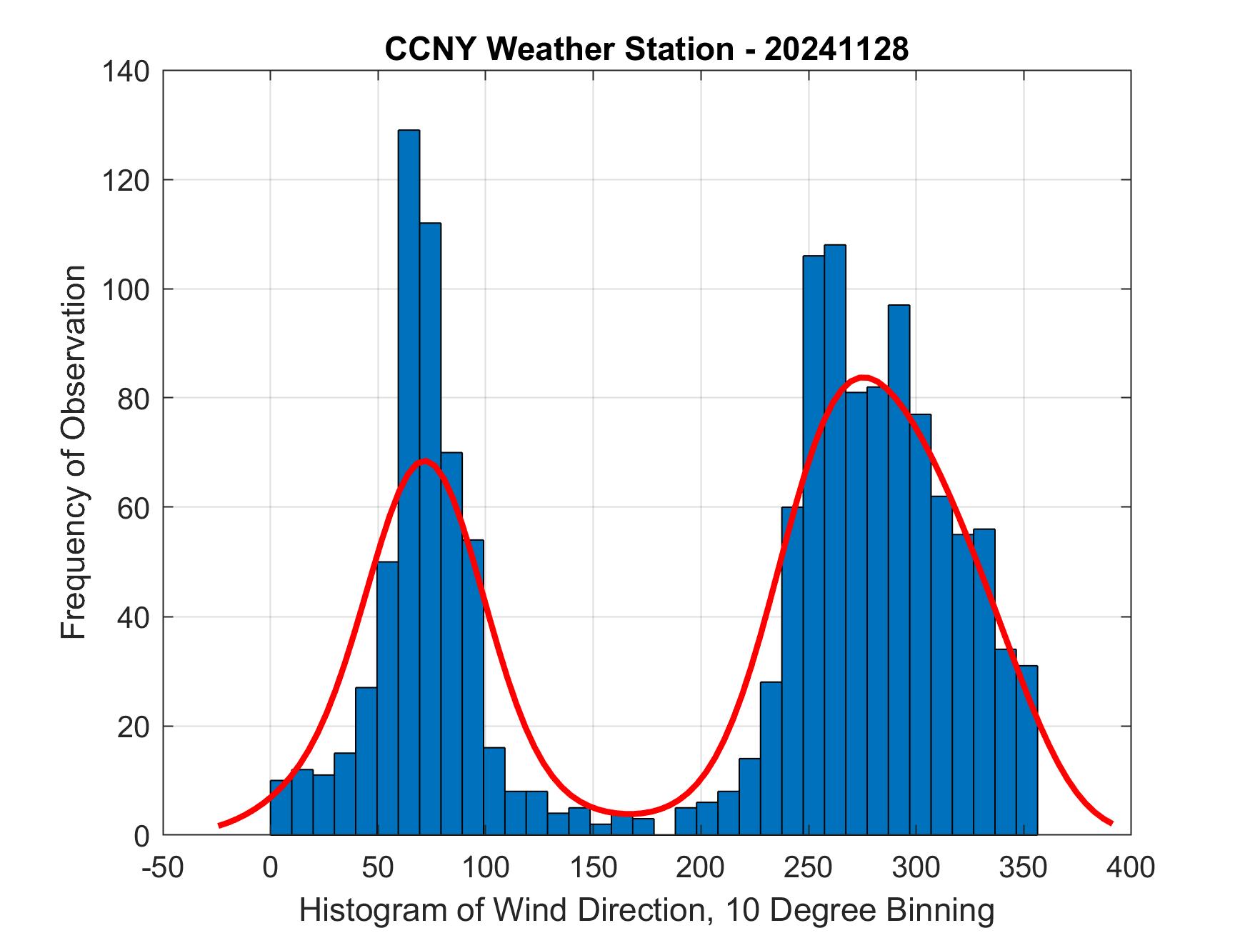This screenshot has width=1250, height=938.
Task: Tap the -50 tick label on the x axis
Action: (164, 867)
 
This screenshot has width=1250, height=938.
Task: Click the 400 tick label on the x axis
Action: (1131, 867)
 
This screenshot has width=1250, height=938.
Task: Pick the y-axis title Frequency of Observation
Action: (74, 453)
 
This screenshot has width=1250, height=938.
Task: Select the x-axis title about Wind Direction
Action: (646, 911)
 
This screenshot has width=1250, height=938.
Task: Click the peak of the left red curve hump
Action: (424, 461)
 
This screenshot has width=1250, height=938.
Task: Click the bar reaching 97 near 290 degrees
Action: (899, 572)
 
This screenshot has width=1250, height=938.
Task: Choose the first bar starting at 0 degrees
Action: (281, 807)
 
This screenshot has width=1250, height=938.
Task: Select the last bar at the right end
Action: (1026, 750)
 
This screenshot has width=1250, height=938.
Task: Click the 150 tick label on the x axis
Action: (593, 867)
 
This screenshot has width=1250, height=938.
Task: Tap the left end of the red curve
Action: (220, 825)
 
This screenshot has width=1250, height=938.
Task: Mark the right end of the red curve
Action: (1111, 823)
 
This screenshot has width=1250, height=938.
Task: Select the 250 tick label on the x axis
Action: (809, 867)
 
